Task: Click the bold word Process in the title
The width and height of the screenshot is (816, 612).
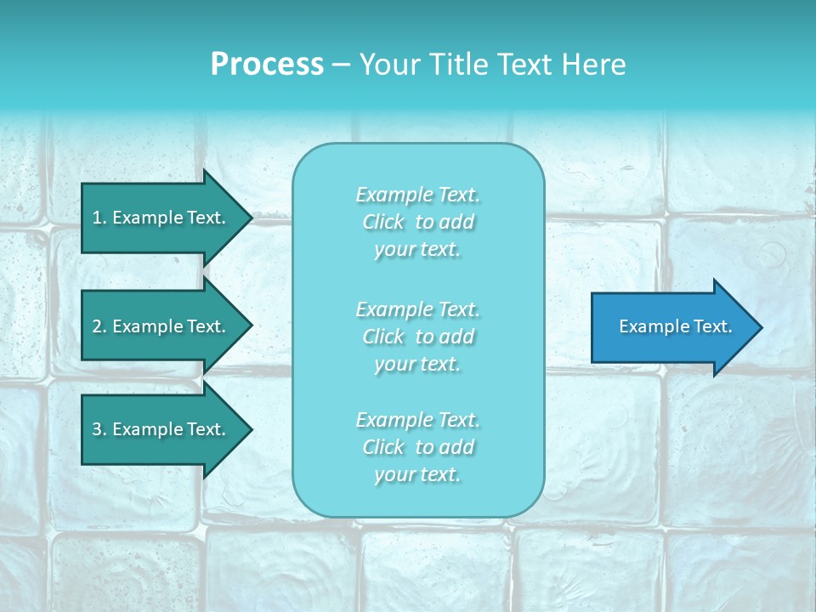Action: [267, 65]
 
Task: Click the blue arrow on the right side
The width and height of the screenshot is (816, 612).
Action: [671, 326]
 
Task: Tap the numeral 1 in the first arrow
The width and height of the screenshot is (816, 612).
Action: [97, 218]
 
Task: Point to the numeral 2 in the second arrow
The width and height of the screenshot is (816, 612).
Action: [97, 326]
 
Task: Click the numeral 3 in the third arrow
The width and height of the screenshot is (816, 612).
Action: [97, 429]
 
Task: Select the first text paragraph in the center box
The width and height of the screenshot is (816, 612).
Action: [418, 222]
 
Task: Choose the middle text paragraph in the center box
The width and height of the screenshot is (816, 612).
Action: [418, 337]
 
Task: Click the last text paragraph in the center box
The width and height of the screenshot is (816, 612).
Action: [418, 447]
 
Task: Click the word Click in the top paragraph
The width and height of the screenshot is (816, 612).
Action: [383, 222]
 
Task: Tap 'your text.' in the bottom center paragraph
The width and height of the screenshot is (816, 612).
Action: [417, 474]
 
